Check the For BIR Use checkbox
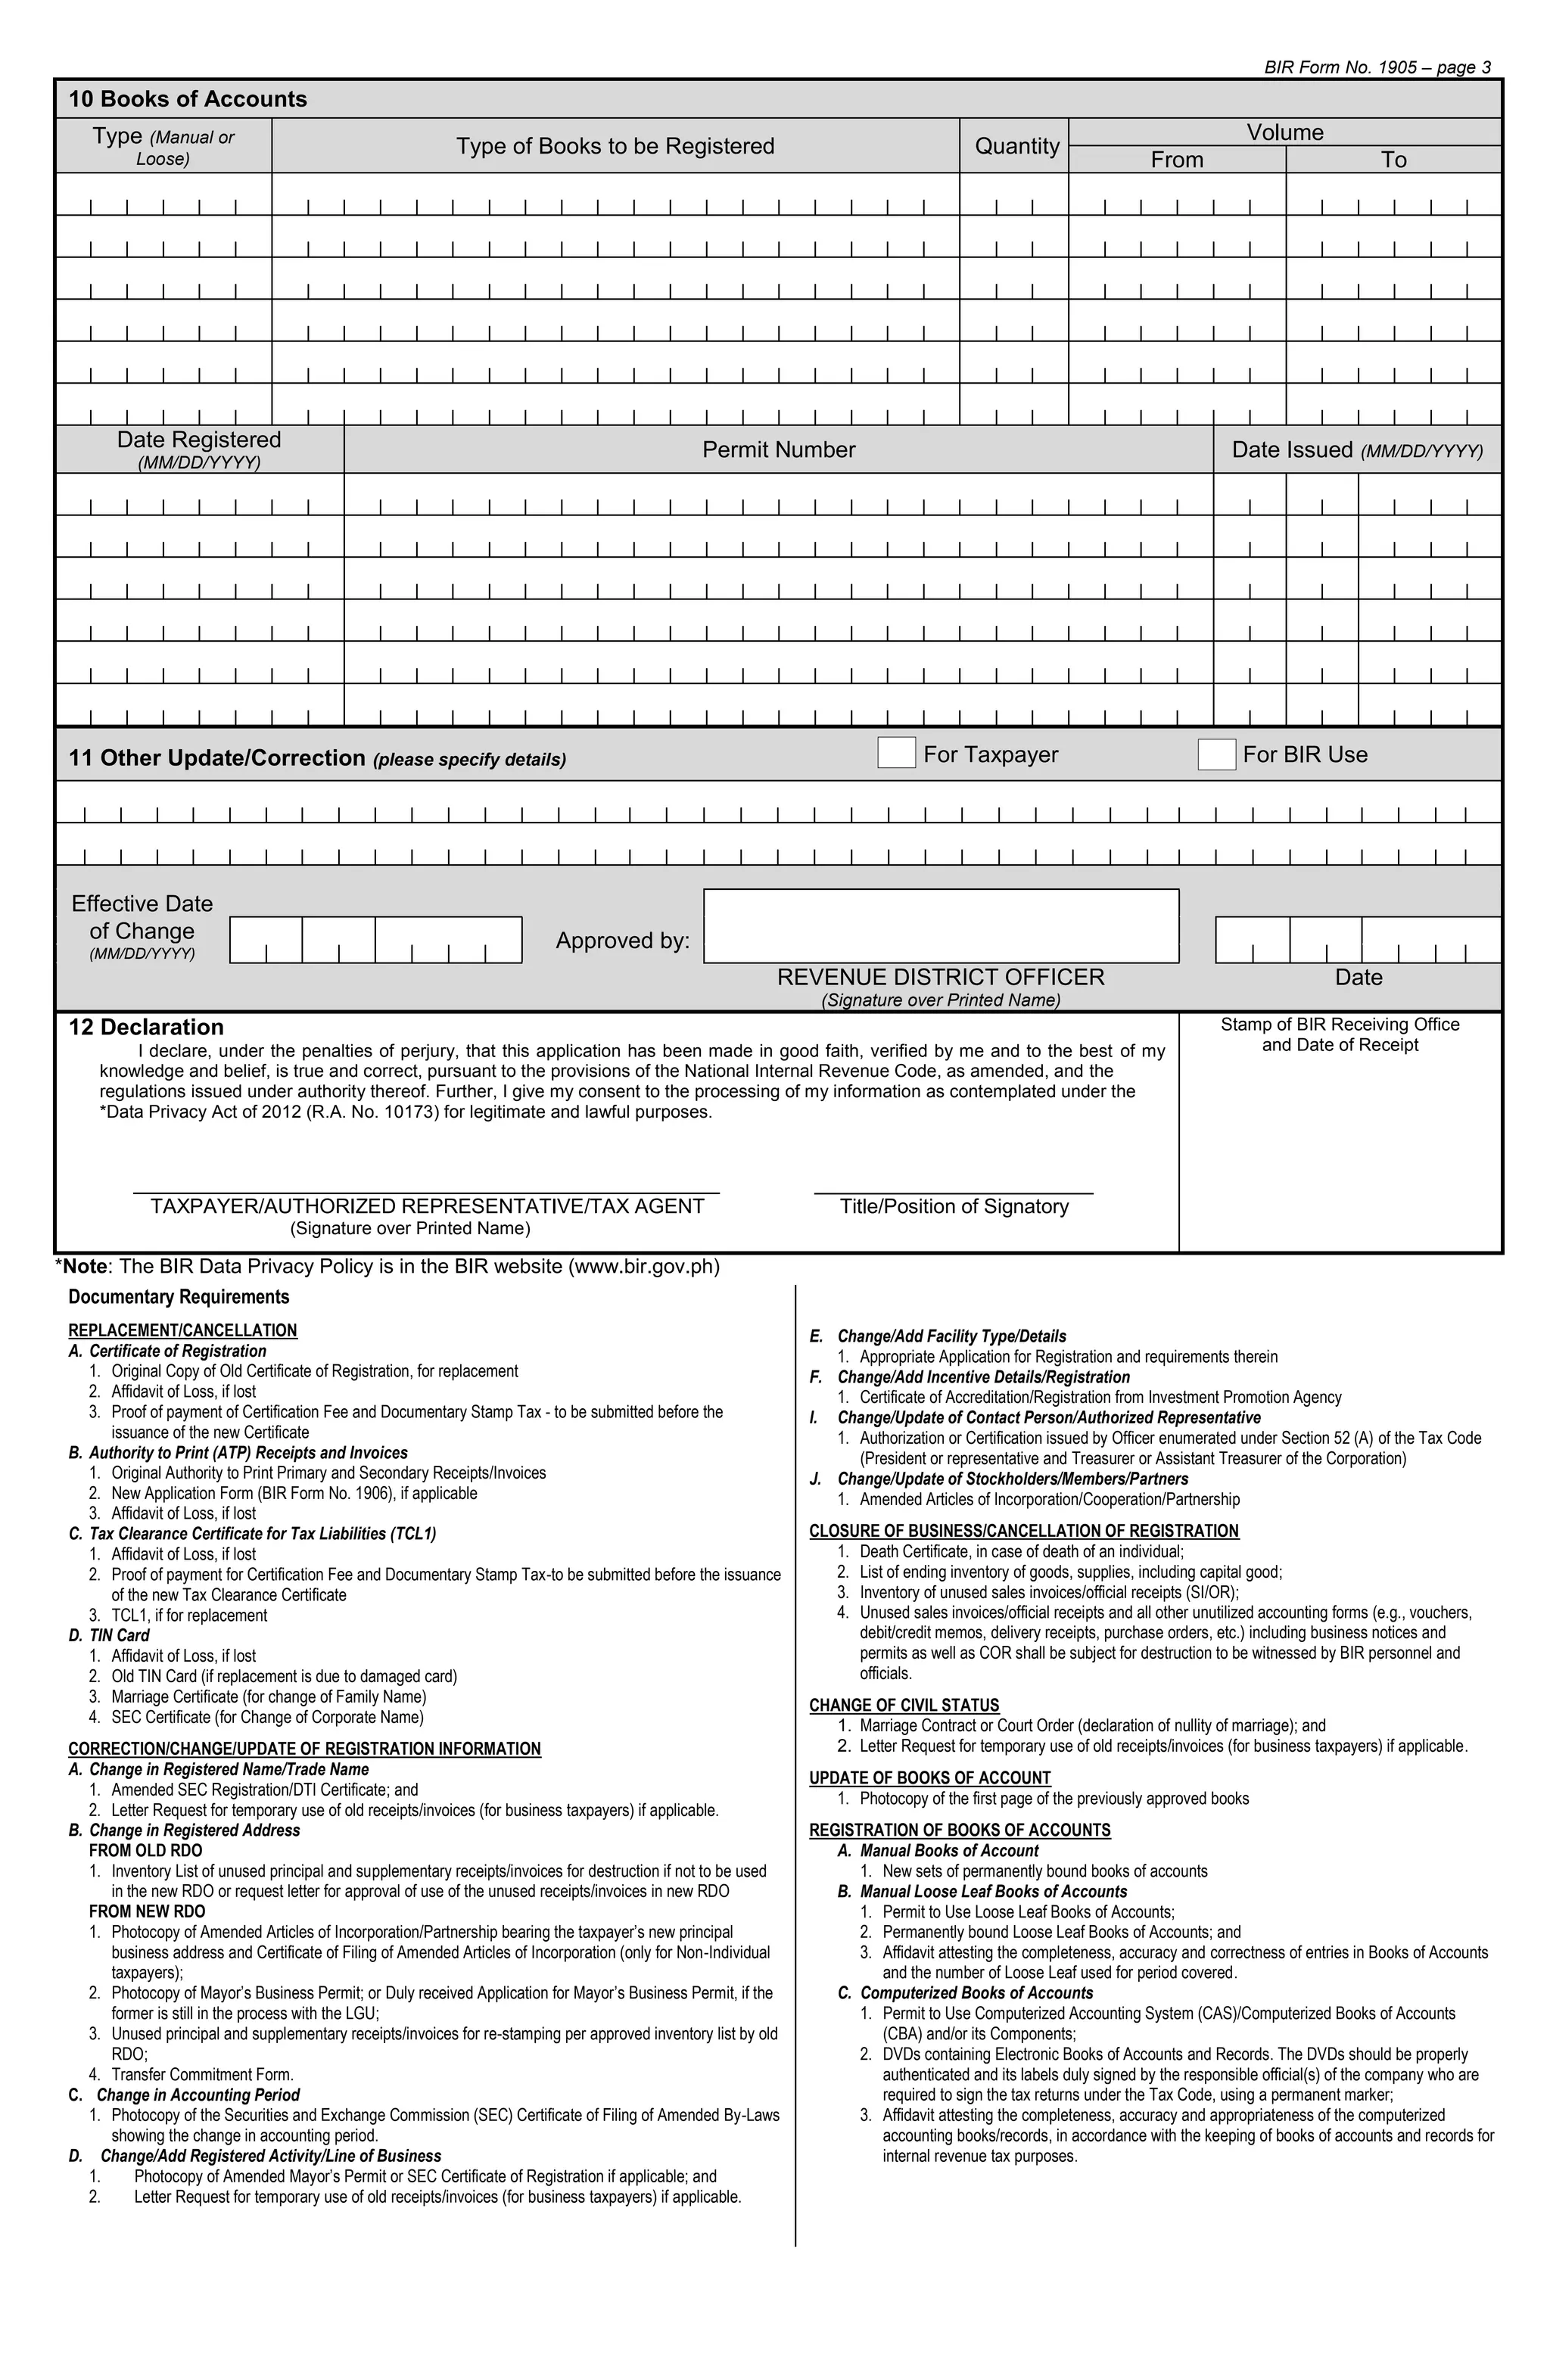(x=1215, y=755)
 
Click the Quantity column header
(x=1016, y=146)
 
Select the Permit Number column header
(x=778, y=450)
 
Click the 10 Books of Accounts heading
(x=187, y=98)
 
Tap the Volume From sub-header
(x=1176, y=160)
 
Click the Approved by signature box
(x=940, y=926)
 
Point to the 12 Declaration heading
(x=145, y=1027)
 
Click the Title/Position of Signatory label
(x=954, y=1206)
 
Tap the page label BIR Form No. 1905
(x=1377, y=67)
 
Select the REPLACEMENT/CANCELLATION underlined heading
(x=182, y=1330)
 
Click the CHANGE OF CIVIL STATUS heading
(x=904, y=1706)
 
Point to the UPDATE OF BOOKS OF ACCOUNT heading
(x=929, y=1778)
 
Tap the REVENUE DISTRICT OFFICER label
(x=940, y=977)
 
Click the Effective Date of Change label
(x=142, y=918)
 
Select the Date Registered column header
(x=199, y=440)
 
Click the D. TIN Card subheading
(x=110, y=1636)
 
